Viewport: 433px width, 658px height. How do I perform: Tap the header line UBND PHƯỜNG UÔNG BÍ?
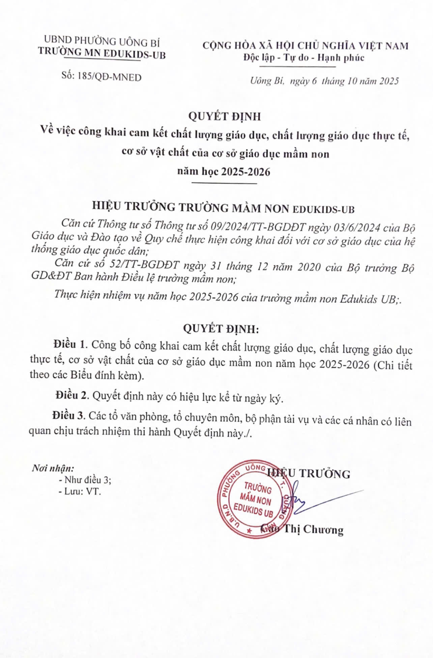102,41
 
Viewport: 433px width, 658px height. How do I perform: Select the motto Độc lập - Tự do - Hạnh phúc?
304,58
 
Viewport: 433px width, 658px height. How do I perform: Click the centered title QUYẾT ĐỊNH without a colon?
224,116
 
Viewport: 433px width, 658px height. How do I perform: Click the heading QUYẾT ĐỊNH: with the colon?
221,329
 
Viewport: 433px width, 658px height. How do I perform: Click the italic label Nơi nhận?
53,468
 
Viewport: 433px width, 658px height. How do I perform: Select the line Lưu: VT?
80,492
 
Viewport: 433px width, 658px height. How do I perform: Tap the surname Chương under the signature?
323,530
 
